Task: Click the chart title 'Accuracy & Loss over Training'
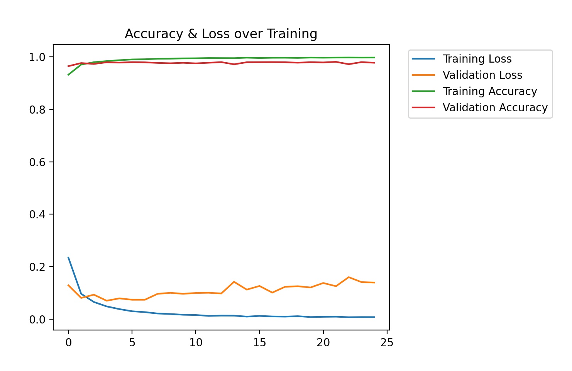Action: (221, 34)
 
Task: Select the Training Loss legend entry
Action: (477, 59)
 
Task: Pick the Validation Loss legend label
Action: (482, 75)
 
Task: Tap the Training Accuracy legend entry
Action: (489, 91)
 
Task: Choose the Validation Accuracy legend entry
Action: (495, 107)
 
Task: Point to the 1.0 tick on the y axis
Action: (37, 57)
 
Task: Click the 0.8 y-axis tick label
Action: (37, 110)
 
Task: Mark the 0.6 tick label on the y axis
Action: (37, 162)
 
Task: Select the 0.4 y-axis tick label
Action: (37, 214)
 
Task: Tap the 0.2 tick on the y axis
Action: (37, 267)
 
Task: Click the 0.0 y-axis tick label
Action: (37, 320)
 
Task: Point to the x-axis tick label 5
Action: (132, 343)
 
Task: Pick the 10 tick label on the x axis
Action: (196, 343)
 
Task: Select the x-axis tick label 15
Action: (259, 343)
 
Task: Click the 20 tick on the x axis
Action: (323, 343)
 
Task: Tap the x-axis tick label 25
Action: (387, 343)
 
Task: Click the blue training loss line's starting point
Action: (68, 257)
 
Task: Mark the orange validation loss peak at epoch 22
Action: (349, 277)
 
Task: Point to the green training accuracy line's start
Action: (68, 75)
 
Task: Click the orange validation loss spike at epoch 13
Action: (234, 282)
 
